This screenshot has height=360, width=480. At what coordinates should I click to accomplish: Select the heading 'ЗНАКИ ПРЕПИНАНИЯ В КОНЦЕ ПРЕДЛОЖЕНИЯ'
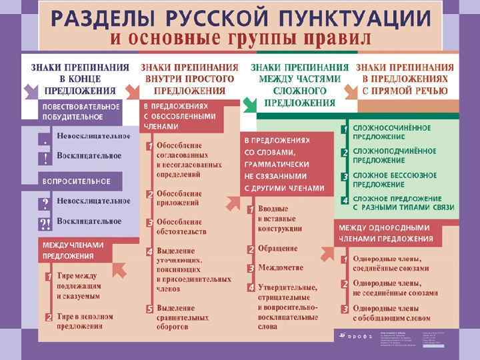click(80, 79)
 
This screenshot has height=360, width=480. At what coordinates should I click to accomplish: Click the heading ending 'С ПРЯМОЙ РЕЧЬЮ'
click(405, 79)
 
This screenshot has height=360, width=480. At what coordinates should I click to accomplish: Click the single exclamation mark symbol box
click(45, 159)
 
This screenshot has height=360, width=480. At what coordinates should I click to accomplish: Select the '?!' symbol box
click(45, 223)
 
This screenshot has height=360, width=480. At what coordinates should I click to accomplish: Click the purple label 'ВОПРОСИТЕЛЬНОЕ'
click(77, 181)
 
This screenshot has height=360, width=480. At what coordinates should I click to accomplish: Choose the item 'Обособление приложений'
click(179, 198)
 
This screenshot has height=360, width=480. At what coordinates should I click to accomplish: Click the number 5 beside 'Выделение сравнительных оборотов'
click(150, 309)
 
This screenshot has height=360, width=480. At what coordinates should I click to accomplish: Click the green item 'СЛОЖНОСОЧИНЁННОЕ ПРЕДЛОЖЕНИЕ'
click(391, 132)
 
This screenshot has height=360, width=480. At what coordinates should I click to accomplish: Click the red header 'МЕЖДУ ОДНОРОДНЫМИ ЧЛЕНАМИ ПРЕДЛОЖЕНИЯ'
click(386, 233)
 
